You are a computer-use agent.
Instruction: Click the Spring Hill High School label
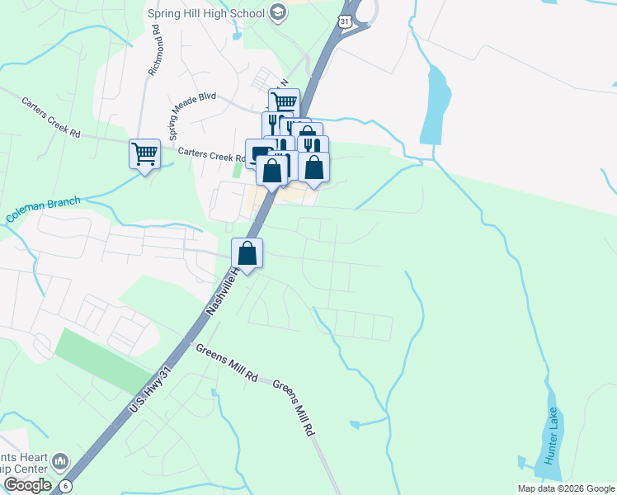(205, 13)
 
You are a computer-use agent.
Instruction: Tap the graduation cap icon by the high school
(278, 12)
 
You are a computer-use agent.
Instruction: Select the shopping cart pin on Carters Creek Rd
(144, 153)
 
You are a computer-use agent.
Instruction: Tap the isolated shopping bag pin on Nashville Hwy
(247, 252)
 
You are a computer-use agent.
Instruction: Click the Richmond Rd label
(156, 56)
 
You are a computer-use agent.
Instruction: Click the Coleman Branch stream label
(43, 210)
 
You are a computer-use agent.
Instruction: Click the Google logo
(26, 485)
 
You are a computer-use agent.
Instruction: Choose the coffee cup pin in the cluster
(260, 153)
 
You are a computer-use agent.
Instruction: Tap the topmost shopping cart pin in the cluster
(283, 102)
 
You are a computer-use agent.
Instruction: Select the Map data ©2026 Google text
(566, 488)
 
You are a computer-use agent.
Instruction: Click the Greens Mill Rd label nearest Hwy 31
(226, 362)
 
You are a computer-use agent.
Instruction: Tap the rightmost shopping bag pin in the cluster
(314, 167)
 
